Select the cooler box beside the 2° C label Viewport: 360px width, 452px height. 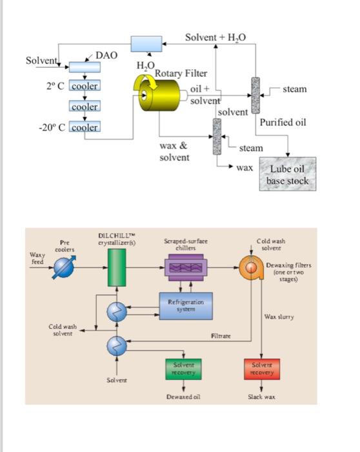[x=84, y=87]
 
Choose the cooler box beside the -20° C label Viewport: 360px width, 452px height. [x=84, y=127]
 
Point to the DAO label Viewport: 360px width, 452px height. [x=106, y=56]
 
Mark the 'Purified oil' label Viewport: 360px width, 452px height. [x=283, y=123]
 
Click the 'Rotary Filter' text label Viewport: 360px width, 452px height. [x=181, y=73]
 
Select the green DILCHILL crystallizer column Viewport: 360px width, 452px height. [x=117, y=268]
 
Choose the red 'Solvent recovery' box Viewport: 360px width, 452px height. [x=261, y=369]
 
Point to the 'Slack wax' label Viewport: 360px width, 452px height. [x=261, y=396]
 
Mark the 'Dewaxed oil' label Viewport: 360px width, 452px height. [x=183, y=396]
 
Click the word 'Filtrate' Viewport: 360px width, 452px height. [x=221, y=336]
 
